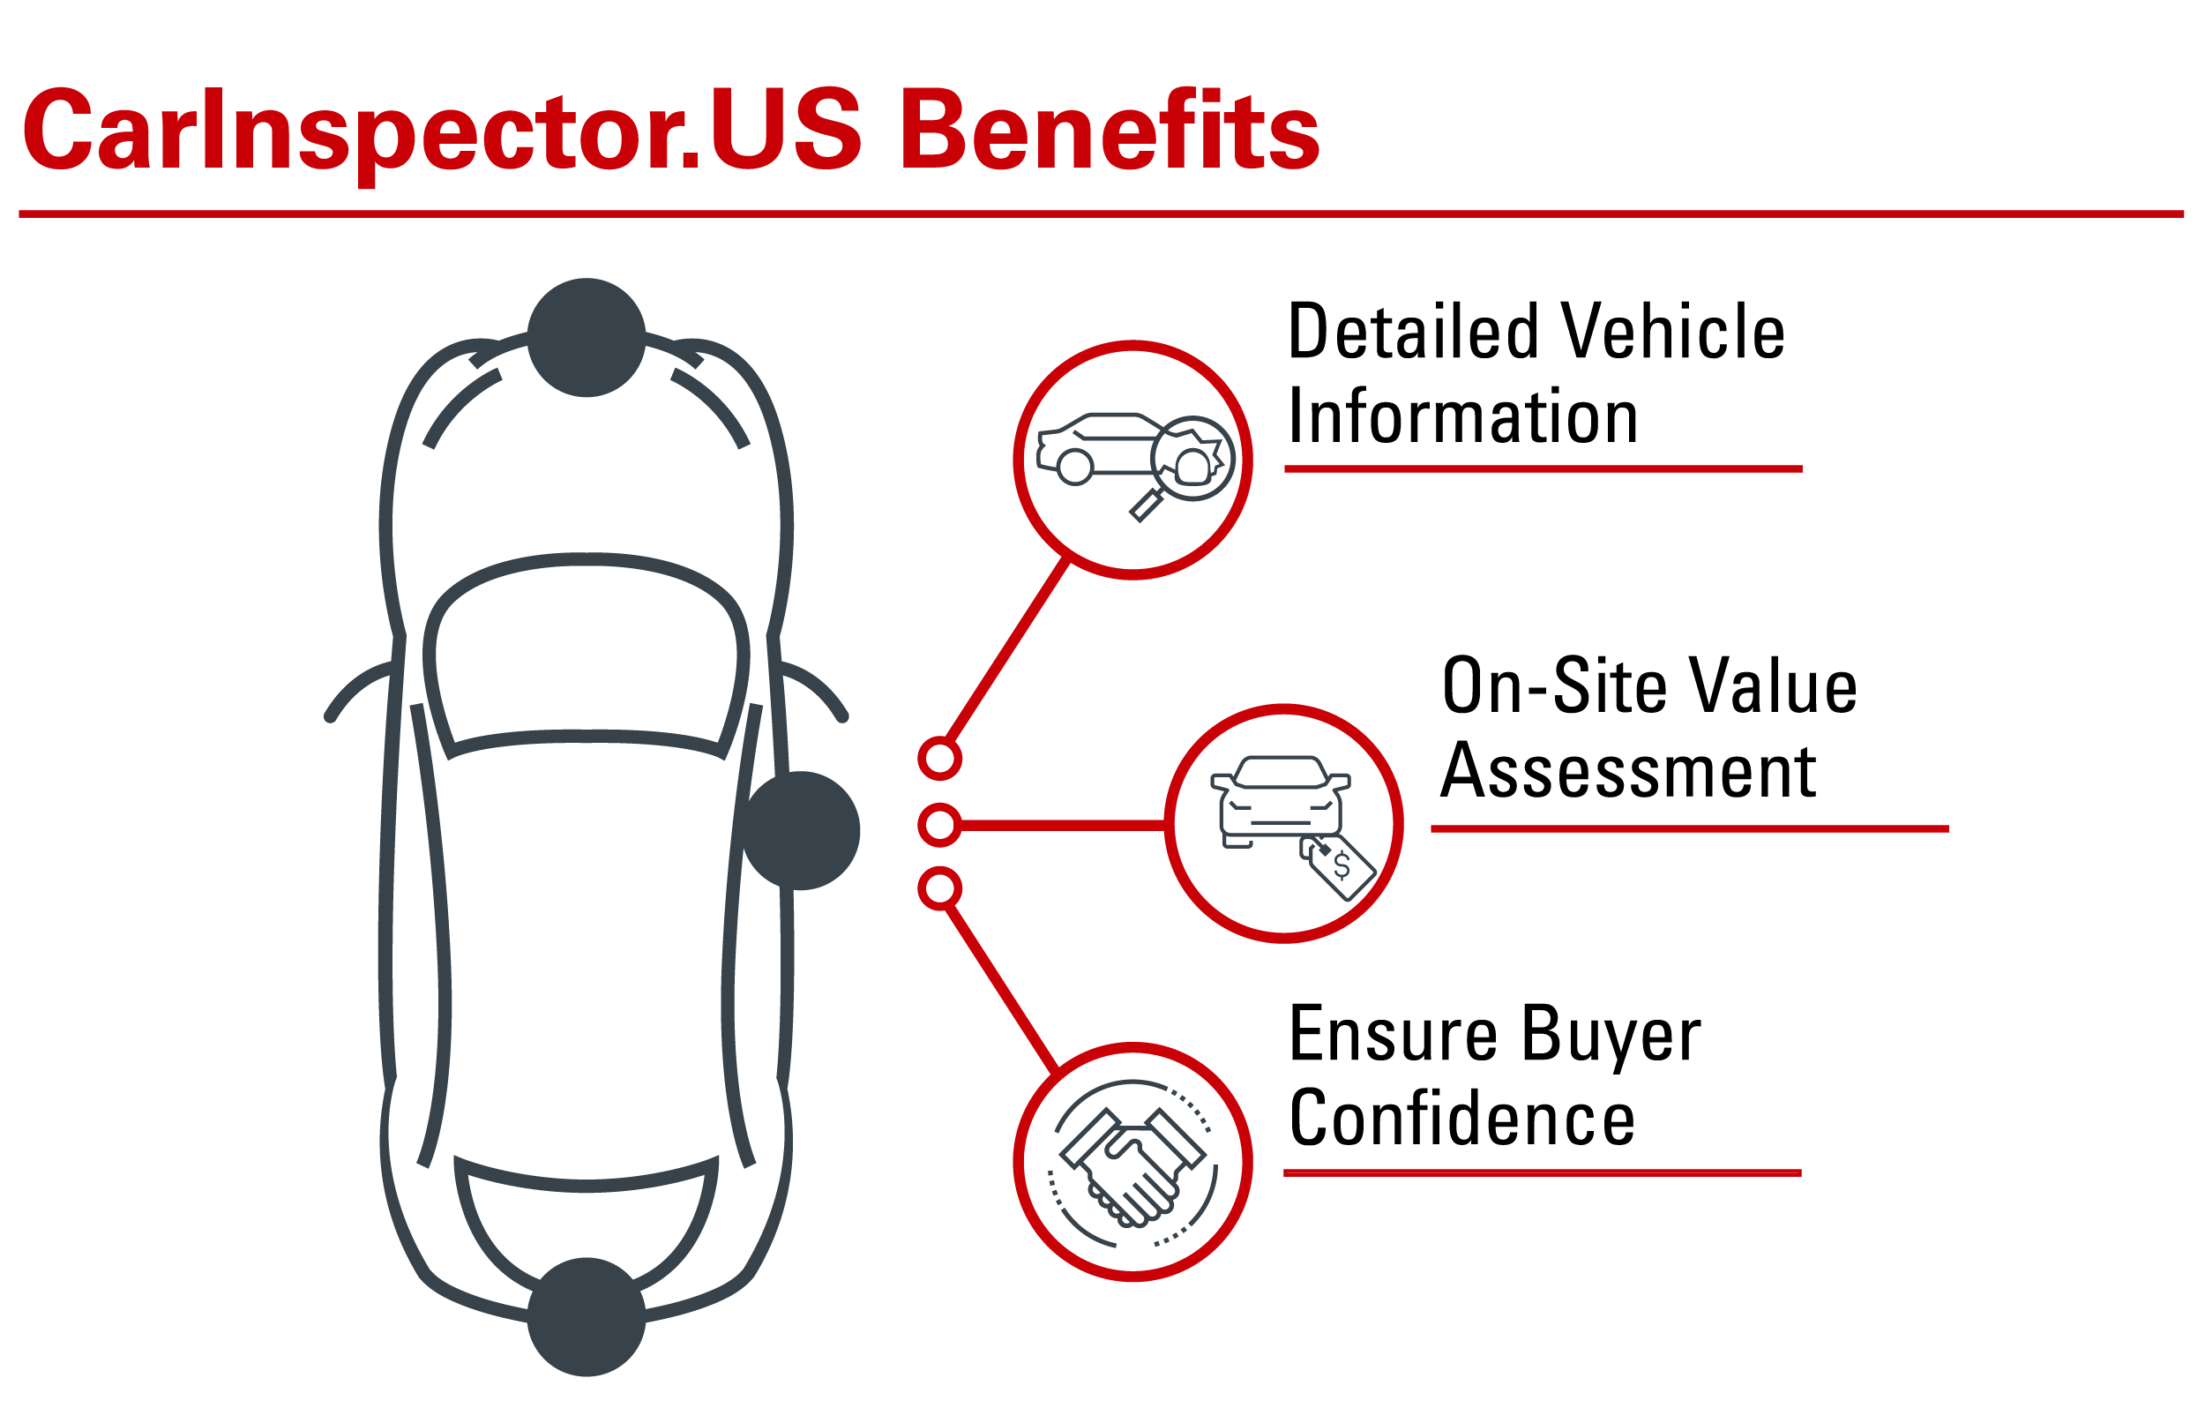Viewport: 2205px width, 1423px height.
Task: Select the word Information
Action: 1462,416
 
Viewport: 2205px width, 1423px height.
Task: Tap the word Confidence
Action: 1461,1118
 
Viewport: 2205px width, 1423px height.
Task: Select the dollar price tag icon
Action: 1339,865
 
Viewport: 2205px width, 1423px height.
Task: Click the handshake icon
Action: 1132,1164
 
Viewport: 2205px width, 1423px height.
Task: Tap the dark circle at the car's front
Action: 587,337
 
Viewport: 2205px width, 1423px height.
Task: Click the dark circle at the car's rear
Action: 587,1318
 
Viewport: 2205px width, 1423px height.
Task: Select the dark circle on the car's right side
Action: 801,831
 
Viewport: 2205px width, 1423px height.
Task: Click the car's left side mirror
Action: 358,687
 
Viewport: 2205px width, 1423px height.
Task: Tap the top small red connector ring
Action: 939,759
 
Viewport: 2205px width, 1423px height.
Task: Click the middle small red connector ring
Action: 939,824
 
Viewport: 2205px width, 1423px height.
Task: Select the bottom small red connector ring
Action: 939,889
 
